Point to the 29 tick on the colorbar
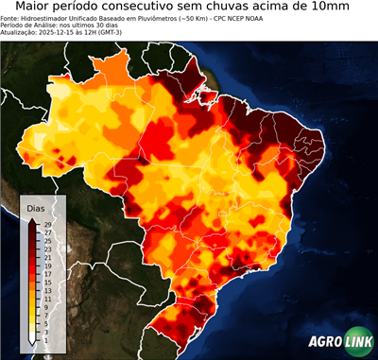pos(46,225)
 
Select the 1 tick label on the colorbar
pos(46,338)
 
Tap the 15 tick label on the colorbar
pos(46,282)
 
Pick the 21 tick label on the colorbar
pos(46,257)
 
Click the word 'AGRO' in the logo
pos(326,342)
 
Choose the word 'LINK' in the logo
pos(358,342)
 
